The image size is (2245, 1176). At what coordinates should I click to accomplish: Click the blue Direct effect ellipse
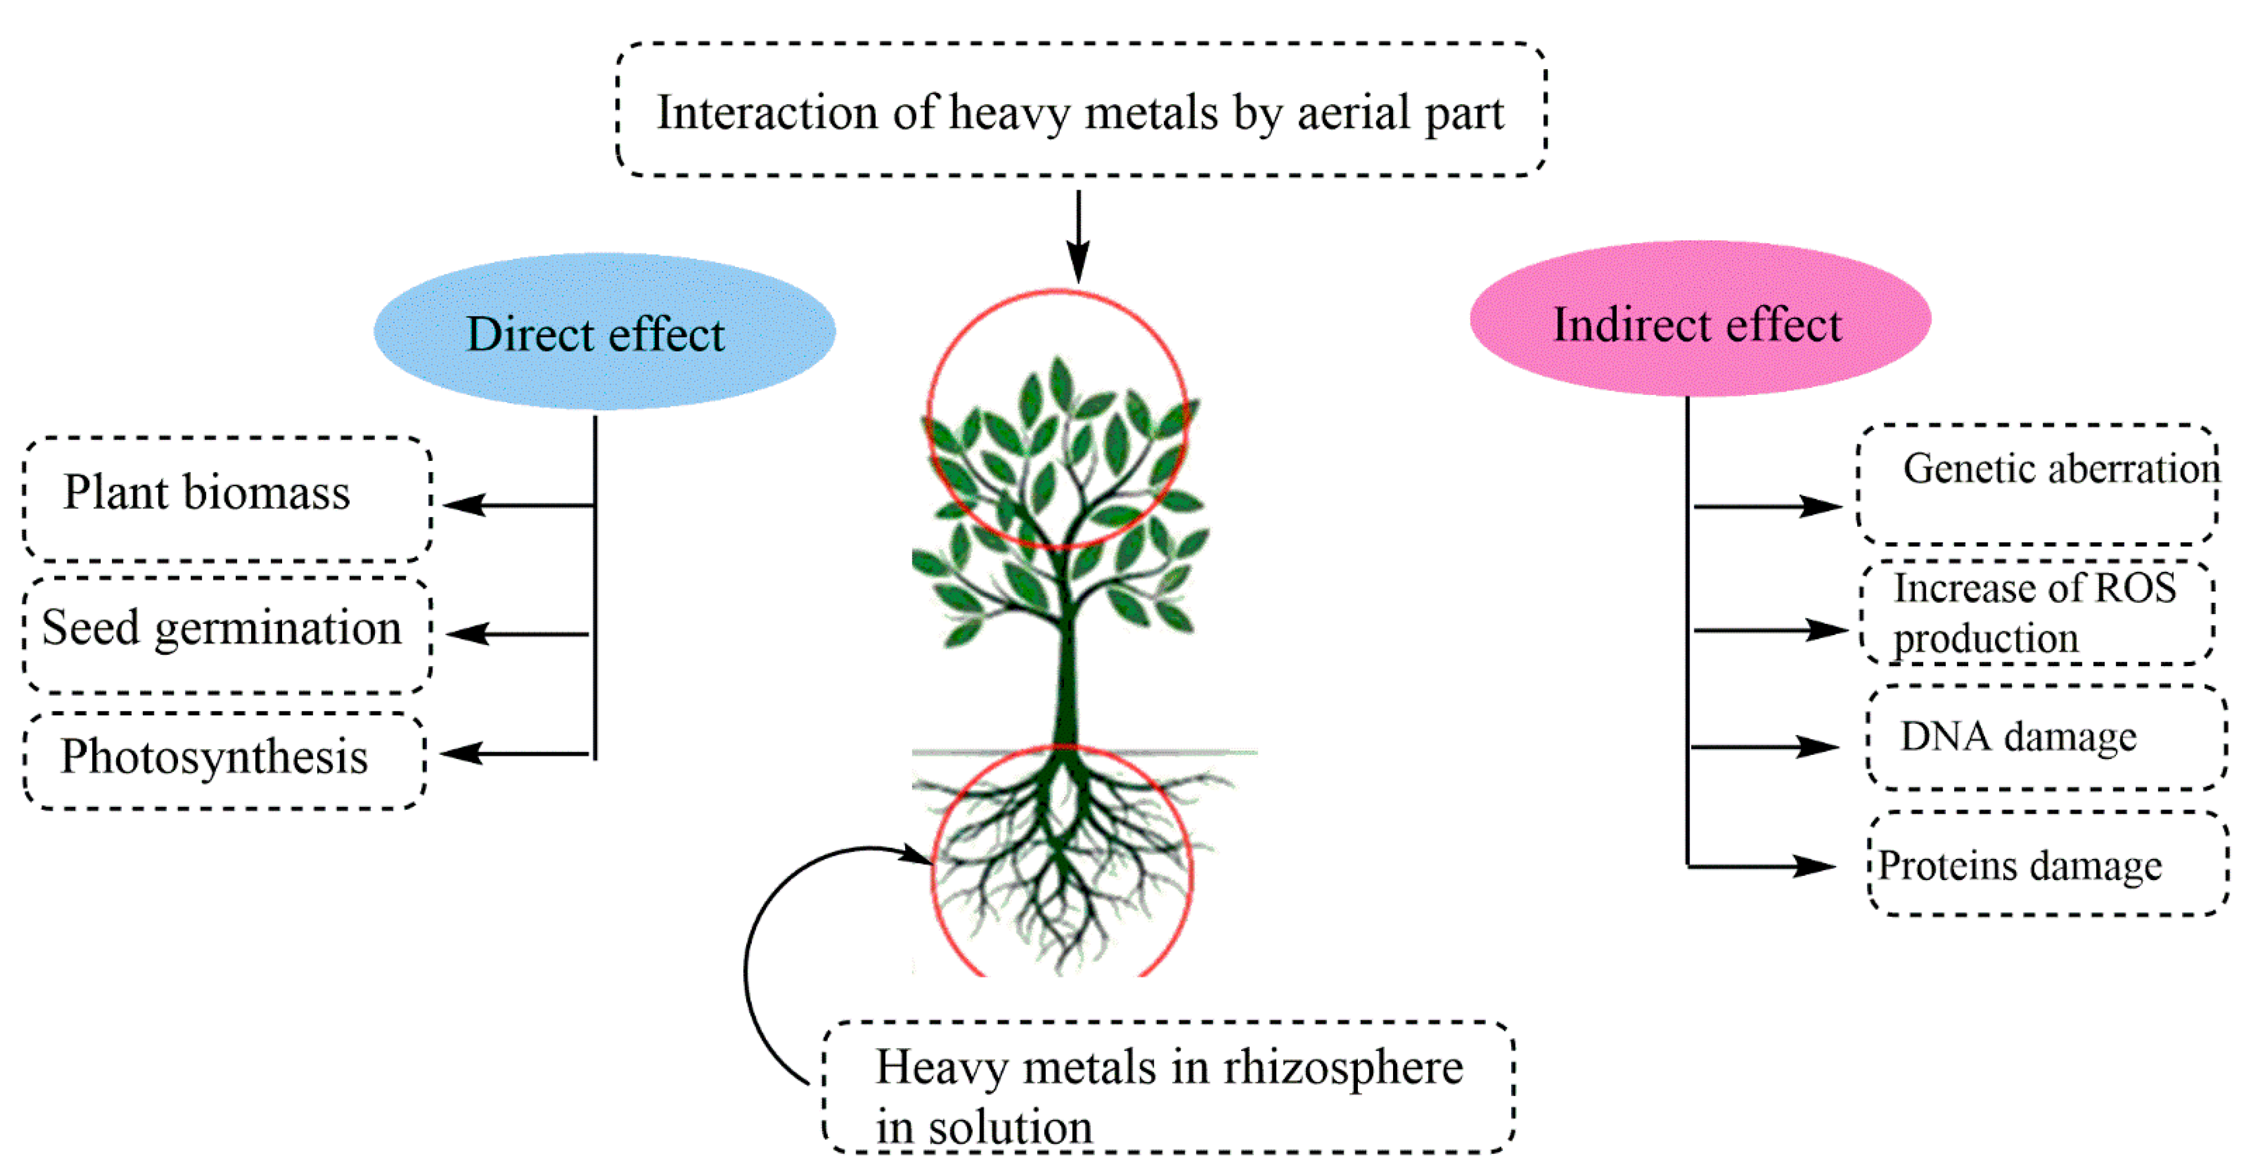click(x=604, y=332)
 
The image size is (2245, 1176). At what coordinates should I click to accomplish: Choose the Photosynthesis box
click(x=224, y=759)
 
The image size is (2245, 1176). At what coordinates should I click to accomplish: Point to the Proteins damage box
click(x=2048, y=864)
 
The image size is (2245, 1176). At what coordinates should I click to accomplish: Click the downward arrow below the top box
click(x=1079, y=235)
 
